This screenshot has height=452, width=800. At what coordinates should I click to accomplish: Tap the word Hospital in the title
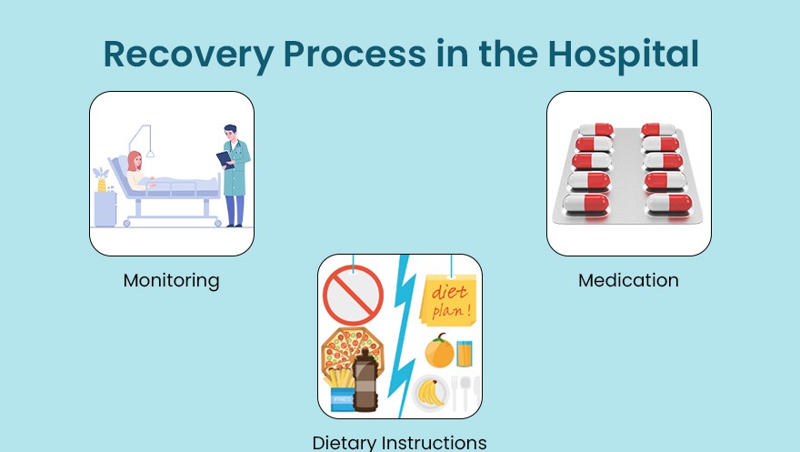[x=623, y=55]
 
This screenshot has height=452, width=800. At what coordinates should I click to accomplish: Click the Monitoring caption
[x=171, y=280]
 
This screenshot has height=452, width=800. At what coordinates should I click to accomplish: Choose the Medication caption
[x=628, y=280]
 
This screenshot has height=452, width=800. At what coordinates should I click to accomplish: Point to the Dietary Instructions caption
[x=399, y=443]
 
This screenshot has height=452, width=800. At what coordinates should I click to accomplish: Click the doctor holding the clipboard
[x=235, y=173]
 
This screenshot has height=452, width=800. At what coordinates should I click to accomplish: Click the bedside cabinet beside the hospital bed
[x=105, y=208]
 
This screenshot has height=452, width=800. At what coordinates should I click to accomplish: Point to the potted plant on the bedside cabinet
[x=102, y=179]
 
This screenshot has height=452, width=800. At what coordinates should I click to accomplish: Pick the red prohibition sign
[x=353, y=290]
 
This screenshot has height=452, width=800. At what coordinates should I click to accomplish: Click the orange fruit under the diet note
[x=439, y=351]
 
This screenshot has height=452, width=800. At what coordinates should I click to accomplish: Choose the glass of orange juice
[x=465, y=353]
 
